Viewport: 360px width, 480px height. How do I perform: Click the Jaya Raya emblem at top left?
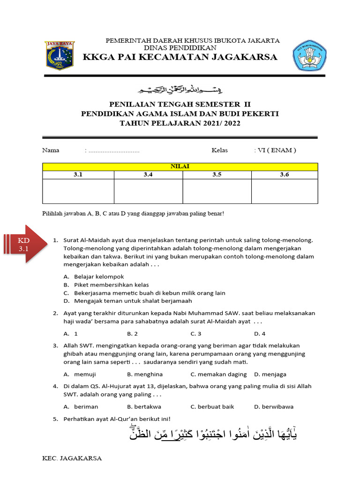coord(59,56)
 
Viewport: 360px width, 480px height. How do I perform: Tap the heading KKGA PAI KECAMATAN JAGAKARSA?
coord(180,58)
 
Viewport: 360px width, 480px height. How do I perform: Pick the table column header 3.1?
coord(78,175)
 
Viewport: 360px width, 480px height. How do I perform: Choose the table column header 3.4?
coord(148,175)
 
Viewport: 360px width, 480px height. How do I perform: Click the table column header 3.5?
coord(217,175)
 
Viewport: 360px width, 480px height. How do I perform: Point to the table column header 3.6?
coord(285,175)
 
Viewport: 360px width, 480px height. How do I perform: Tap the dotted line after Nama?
coord(113,151)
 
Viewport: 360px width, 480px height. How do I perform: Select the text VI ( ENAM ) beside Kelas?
coord(277,150)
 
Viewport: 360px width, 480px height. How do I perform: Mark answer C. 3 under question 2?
coord(196,334)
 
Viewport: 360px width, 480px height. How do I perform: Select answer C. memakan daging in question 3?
coord(218,374)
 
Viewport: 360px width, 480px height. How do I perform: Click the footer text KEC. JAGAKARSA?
coord(72,458)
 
